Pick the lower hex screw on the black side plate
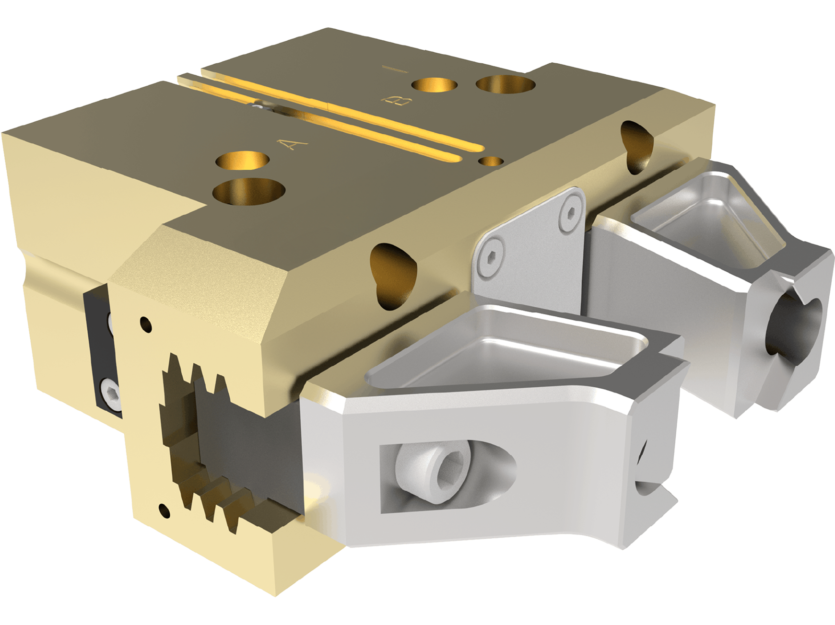(109, 388)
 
